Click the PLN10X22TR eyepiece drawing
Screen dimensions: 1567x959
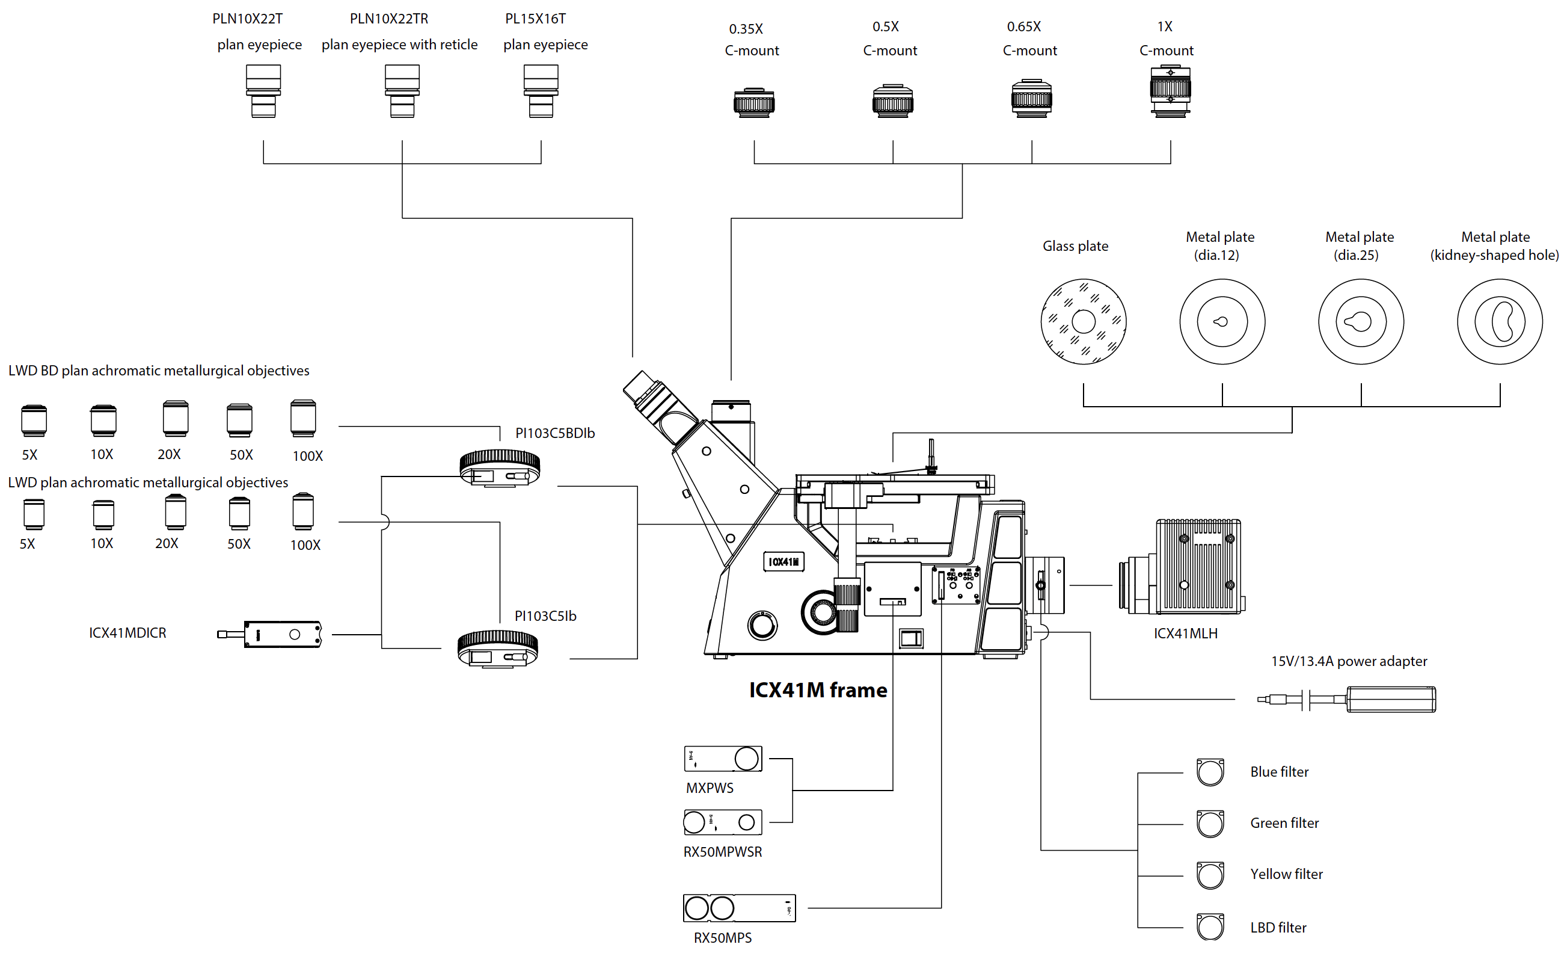402,91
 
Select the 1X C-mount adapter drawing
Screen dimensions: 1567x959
1170,91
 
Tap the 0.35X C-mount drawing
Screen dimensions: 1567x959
753,102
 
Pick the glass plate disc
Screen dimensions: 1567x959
1083,321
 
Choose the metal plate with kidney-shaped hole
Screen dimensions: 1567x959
1500,321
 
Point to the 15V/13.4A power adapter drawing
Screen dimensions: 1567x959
1346,699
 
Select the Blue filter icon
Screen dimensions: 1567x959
1210,772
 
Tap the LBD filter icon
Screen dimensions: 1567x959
1210,927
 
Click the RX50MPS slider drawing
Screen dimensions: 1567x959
739,908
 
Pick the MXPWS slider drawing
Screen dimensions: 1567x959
723,759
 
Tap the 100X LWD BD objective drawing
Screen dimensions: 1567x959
302,418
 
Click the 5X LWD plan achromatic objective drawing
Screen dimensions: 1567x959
34,514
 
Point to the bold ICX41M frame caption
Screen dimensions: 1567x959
818,691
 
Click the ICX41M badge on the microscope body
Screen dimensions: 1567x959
783,562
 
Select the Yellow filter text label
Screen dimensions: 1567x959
1286,874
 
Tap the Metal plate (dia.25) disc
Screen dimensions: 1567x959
1361,321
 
